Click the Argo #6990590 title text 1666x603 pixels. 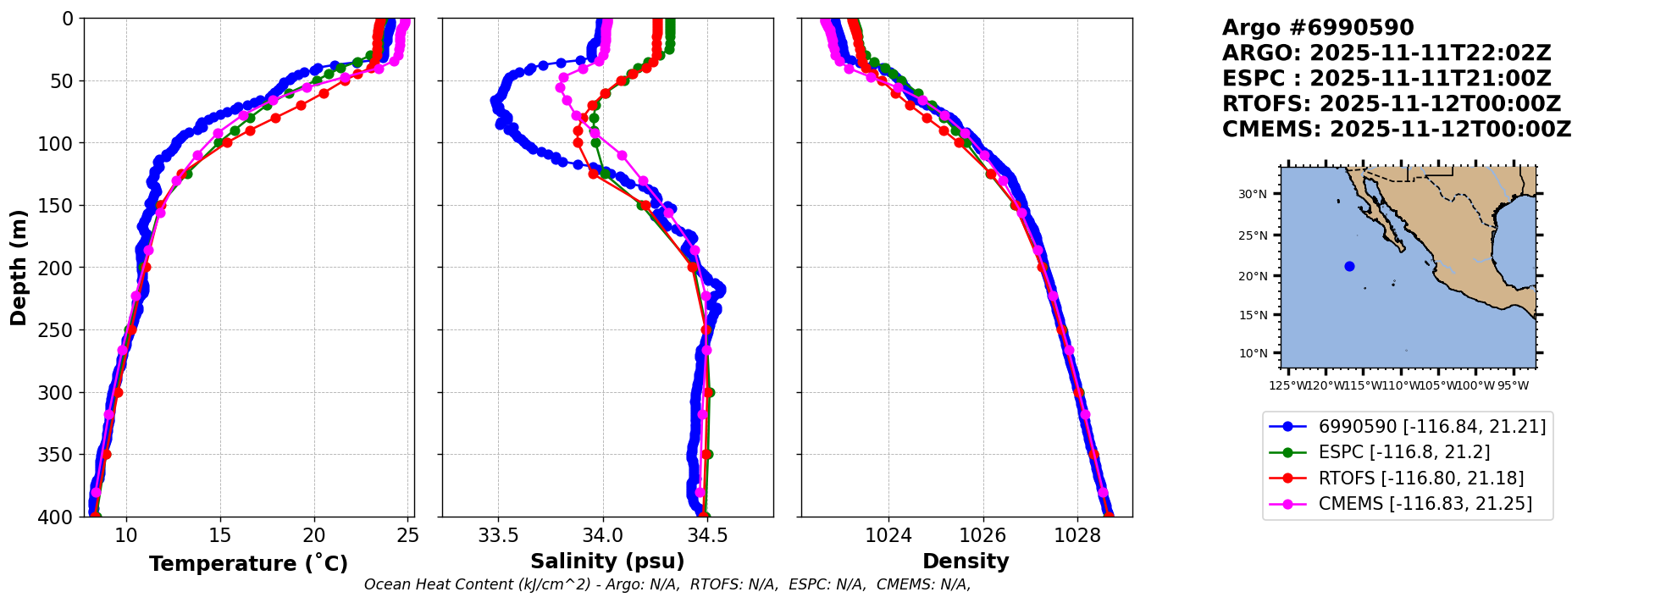[x=1318, y=28]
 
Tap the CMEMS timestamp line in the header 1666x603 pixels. [x=1396, y=130]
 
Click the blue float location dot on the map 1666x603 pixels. [x=1349, y=266]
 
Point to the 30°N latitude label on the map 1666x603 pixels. [x=1253, y=194]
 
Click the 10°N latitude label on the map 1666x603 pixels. [x=1253, y=353]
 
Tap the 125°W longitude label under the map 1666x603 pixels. [x=1287, y=386]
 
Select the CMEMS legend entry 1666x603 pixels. [x=1425, y=504]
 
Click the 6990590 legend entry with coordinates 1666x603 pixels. [x=1431, y=427]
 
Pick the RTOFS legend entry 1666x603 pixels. [x=1420, y=479]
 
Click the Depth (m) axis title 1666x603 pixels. [x=19, y=268]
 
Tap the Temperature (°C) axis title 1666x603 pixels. [x=248, y=564]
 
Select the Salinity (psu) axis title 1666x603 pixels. [x=607, y=562]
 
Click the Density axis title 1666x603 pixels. [x=966, y=562]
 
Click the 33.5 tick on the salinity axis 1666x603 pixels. [x=498, y=535]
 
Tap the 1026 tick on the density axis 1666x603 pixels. [x=983, y=535]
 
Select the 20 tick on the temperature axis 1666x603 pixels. [x=314, y=535]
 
